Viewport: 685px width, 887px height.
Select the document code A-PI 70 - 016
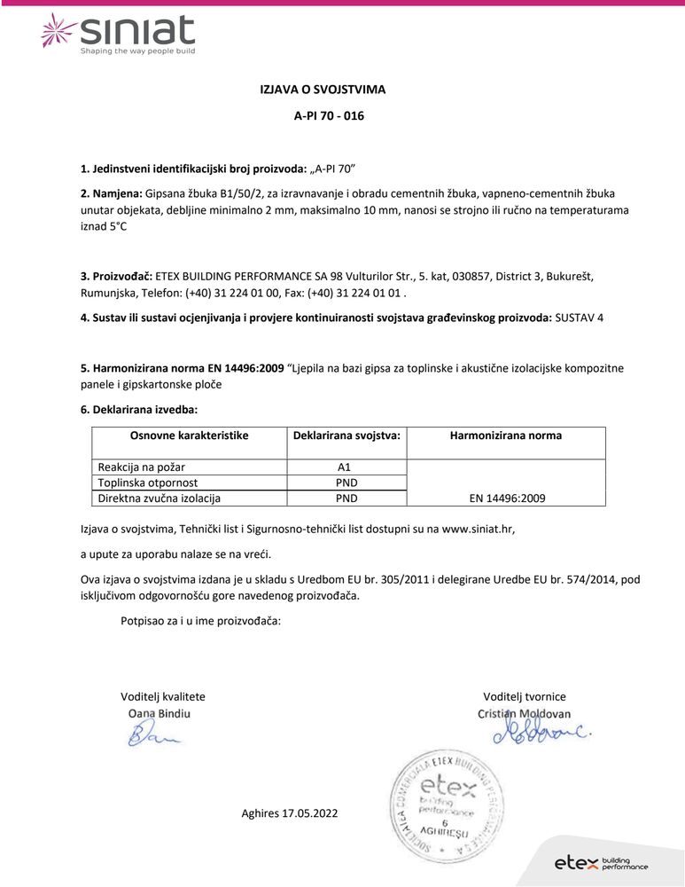click(329, 116)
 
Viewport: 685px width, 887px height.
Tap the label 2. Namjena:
click(111, 192)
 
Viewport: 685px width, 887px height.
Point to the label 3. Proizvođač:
click(116, 276)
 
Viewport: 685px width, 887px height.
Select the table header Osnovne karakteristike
click(189, 436)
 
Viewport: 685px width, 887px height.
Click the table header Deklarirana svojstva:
click(346, 436)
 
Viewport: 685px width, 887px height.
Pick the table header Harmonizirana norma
click(505, 436)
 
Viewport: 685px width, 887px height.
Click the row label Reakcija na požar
click(142, 467)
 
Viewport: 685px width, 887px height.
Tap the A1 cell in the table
click(346, 467)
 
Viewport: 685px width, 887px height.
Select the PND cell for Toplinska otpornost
click(346, 483)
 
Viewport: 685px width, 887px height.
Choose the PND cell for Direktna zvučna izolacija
click(346, 498)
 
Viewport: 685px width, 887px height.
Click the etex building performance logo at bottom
click(600, 863)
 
